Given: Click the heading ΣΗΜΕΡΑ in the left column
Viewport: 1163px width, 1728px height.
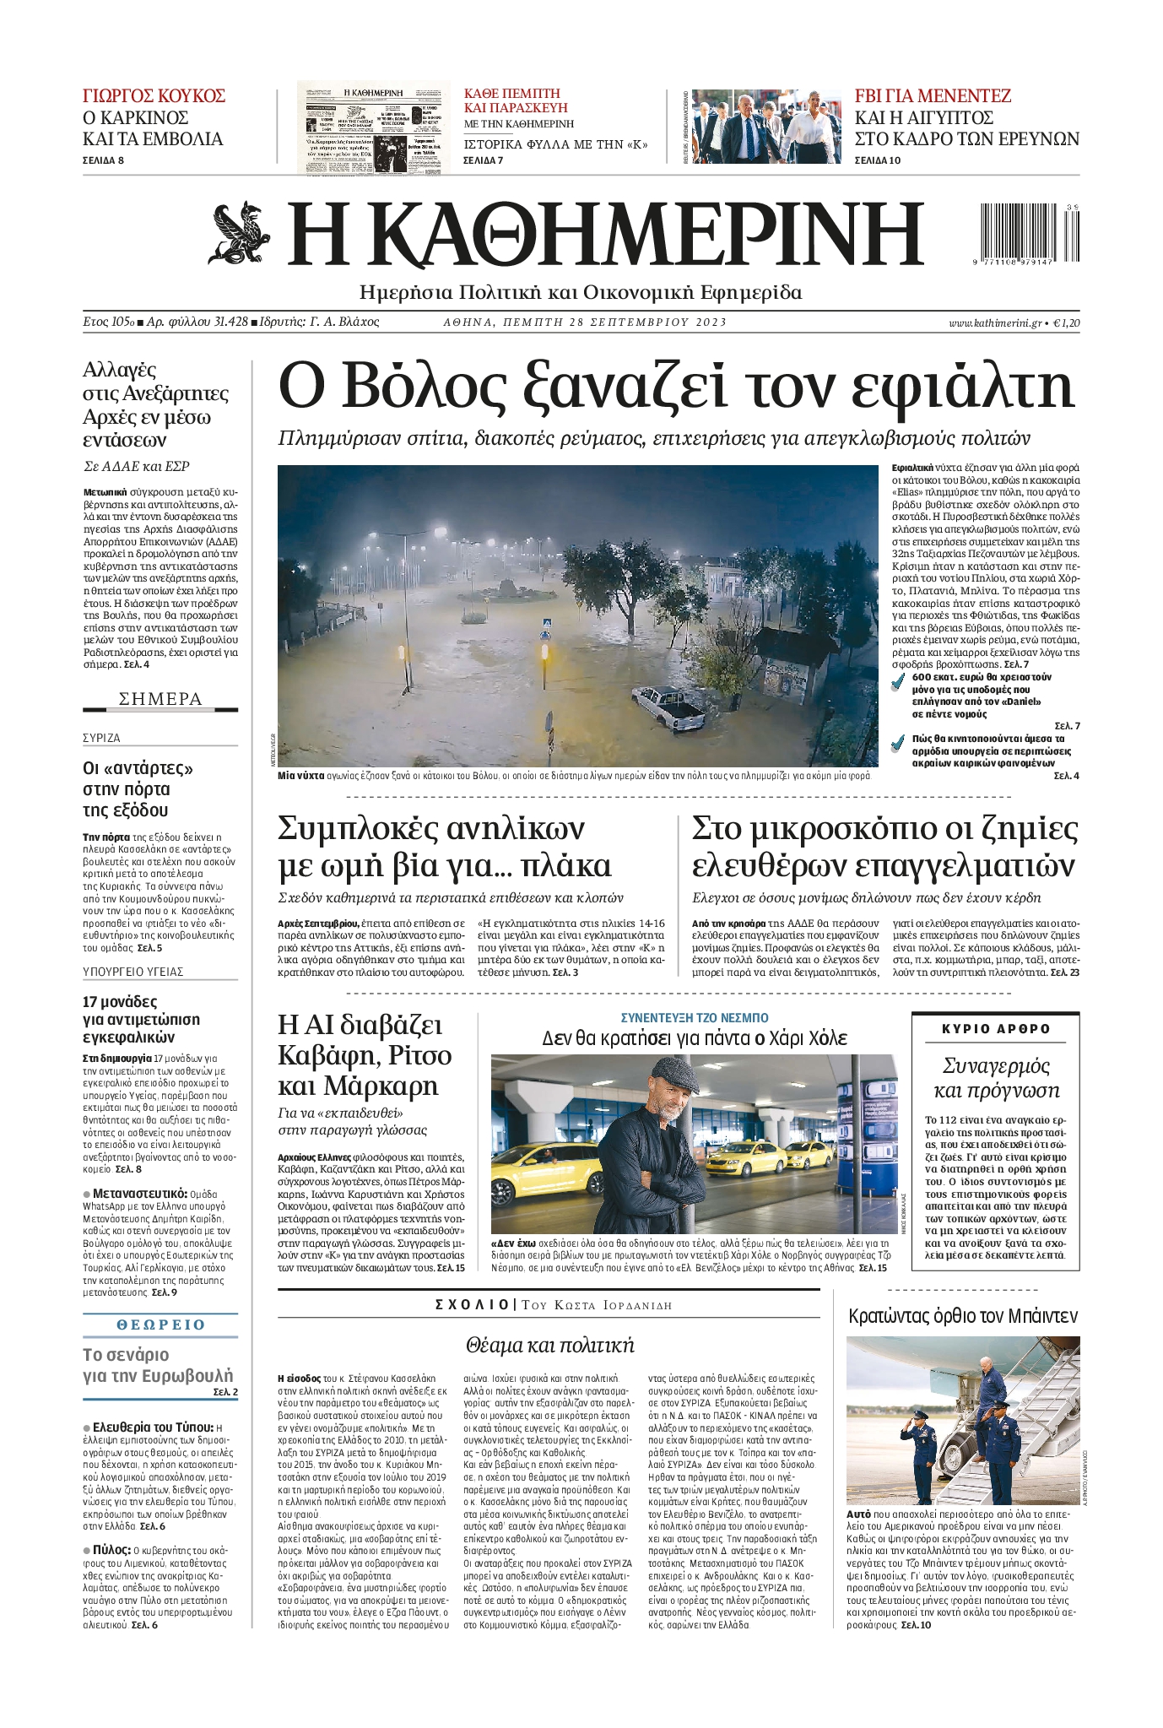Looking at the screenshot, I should click(160, 699).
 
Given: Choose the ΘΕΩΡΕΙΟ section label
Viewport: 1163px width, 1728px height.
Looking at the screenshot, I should click(160, 1324).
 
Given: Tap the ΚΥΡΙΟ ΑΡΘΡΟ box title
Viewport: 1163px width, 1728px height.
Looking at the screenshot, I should click(996, 1029).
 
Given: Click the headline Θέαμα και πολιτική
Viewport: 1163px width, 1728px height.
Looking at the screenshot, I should click(549, 1345).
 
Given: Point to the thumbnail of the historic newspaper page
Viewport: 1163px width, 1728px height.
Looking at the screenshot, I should click(373, 127).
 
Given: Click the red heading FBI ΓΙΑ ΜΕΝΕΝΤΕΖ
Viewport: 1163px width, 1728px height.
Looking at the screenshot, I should click(932, 95).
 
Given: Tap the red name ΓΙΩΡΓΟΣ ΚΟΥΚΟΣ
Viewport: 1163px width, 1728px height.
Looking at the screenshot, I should click(154, 95).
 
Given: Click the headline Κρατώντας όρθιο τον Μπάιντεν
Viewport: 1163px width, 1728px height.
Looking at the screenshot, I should click(962, 1315).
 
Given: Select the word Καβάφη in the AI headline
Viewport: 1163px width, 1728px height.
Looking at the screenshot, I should click(324, 1055).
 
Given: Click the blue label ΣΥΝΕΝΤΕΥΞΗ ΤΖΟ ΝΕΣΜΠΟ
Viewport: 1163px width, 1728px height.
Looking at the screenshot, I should click(695, 1018).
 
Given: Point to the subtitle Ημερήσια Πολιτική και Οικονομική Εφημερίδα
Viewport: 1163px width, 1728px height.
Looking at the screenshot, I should click(581, 293).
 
